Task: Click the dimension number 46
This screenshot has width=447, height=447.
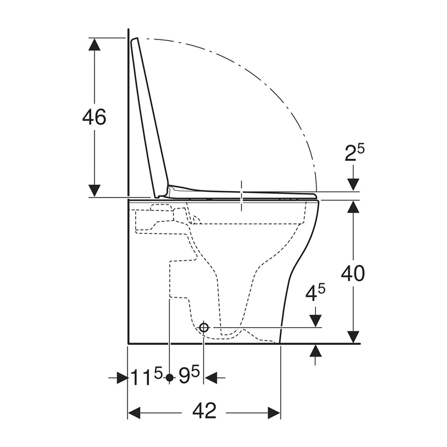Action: [94, 117]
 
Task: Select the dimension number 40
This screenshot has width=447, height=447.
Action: [353, 273]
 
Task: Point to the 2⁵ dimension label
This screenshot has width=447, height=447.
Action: [354, 153]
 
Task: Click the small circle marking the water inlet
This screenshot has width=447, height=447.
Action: [204, 328]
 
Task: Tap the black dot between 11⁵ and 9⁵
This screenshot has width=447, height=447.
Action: [169, 378]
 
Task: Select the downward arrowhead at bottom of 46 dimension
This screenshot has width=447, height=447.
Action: [94, 190]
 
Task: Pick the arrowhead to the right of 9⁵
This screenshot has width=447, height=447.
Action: [210, 378]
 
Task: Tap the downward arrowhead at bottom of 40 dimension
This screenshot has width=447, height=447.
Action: [353, 337]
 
